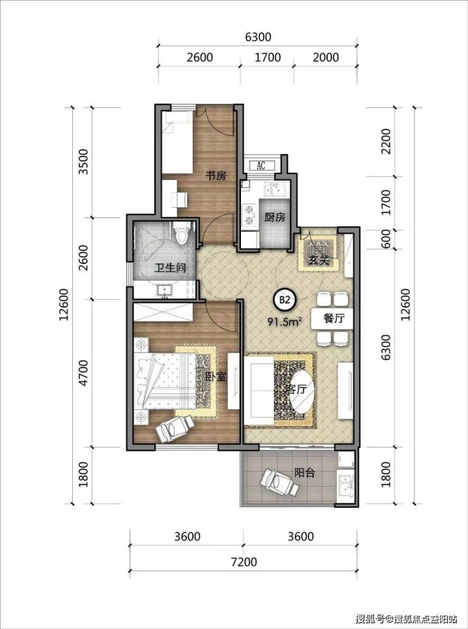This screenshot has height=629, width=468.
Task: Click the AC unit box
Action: coord(261,165)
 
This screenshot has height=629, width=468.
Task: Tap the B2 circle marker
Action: coord(284,299)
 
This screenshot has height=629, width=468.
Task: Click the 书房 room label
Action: coord(216,176)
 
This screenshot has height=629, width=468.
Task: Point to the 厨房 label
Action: coord(274,218)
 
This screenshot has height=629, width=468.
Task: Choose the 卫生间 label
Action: coord(170,268)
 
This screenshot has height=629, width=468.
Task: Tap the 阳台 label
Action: coord(304,473)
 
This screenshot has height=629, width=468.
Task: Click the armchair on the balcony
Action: coord(280,482)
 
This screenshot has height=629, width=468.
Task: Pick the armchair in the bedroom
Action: coord(175,428)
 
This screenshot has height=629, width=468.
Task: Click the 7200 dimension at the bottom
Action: coord(245,562)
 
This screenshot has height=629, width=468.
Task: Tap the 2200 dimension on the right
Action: coord(386,141)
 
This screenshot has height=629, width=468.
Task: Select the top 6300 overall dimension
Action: coord(258,37)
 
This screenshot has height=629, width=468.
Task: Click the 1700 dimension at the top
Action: coord(268,57)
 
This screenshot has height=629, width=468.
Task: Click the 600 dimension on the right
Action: coord(386,239)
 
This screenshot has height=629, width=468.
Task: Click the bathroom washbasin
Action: coord(164,290)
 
